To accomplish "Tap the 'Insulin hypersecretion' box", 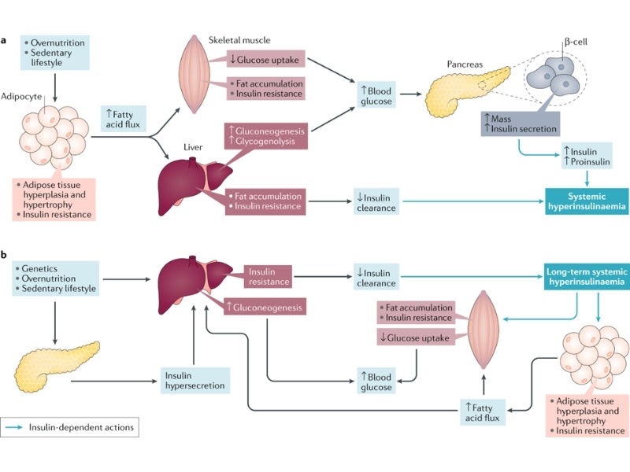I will tap(195, 381).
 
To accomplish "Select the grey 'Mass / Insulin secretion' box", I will tap(520, 124).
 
